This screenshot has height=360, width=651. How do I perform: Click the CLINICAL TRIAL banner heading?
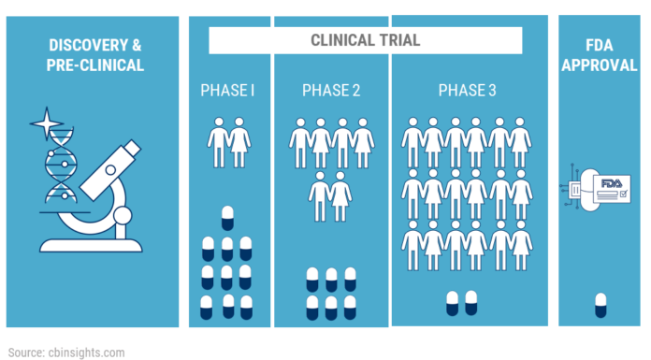pos(365,40)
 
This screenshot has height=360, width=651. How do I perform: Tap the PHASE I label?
pos(228,91)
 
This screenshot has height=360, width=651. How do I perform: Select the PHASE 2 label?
pos(331,91)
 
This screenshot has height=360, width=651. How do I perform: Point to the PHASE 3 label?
pos(467,91)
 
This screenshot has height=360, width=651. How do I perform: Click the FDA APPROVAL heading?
pos(599,53)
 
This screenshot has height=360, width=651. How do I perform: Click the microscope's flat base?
pos(91,244)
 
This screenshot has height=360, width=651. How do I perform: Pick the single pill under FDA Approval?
pos(600,305)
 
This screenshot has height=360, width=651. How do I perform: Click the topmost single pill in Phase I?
pos(226,218)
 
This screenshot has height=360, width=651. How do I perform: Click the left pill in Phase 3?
pos(453,303)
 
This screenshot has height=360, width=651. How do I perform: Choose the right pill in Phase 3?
pos(472,303)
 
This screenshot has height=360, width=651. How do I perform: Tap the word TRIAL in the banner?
pos(397,40)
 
